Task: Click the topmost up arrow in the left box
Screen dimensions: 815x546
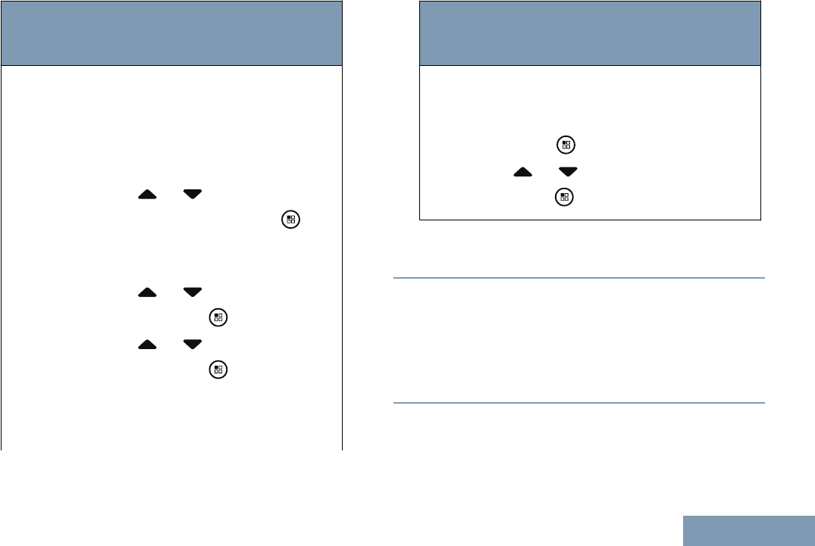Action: tap(147, 195)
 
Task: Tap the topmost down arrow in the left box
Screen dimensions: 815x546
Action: tap(193, 195)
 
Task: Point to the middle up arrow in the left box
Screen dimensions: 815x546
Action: tap(147, 292)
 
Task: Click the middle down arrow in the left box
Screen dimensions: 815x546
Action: tap(193, 292)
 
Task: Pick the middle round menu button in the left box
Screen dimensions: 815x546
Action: tap(218, 317)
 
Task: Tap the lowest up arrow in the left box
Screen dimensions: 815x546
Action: tap(147, 345)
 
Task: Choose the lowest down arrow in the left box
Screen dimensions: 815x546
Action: tap(193, 345)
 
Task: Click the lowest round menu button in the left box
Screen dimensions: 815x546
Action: tap(218, 370)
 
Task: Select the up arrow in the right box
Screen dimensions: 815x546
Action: tap(522, 172)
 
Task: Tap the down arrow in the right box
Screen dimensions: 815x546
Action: tap(568, 172)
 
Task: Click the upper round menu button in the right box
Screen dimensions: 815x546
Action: tap(564, 145)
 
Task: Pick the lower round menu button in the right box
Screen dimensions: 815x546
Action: tap(564, 198)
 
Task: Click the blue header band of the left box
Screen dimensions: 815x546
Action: tap(172, 33)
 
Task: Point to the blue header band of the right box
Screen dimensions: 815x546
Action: tap(590, 33)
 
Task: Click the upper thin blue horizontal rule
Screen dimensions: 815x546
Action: tap(579, 278)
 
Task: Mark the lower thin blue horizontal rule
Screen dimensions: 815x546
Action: tap(579, 403)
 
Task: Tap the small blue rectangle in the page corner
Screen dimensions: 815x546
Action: tap(748, 530)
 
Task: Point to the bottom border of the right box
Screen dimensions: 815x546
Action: tap(590, 220)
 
